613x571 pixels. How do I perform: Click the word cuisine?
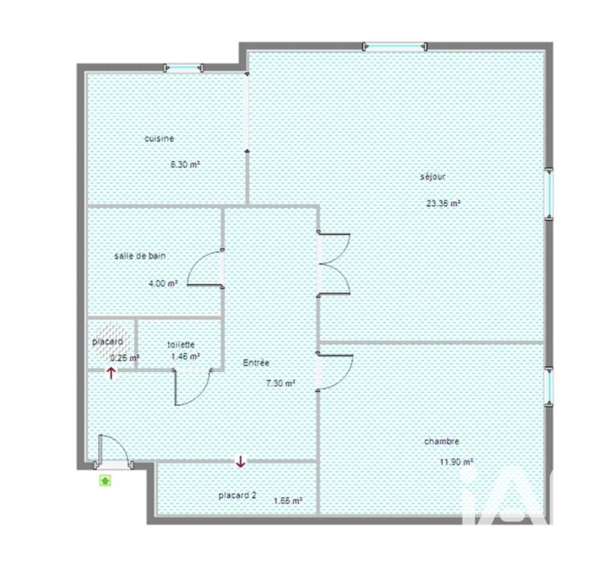[159, 139]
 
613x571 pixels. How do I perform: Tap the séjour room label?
[432, 176]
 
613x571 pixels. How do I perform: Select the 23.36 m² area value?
[443, 204]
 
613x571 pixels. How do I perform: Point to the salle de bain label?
[139, 256]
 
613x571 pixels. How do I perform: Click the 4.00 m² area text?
[163, 282]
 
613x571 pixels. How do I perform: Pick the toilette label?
[181, 344]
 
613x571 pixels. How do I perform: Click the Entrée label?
[257, 363]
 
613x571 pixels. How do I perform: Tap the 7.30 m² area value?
[280, 384]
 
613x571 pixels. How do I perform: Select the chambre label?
[441, 442]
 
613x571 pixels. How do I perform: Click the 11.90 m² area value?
[457, 462]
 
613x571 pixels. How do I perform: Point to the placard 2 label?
[237, 495]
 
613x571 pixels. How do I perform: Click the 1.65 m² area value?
[287, 501]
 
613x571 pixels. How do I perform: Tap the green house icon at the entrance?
[104, 481]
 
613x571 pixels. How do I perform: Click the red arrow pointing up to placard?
[111, 373]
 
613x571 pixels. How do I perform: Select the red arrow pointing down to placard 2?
[241, 462]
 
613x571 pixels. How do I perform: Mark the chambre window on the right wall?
[549, 387]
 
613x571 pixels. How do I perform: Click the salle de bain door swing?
[204, 269]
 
